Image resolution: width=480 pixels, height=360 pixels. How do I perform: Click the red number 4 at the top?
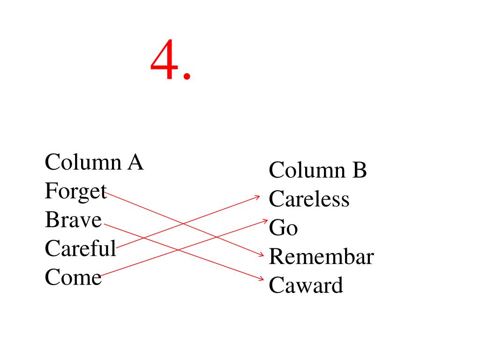[x=166, y=61]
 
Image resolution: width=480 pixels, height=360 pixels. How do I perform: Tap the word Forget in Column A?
[x=75, y=191]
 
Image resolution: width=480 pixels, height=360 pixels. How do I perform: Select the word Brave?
[x=73, y=220]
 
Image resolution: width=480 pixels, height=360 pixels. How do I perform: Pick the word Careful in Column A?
[x=80, y=248]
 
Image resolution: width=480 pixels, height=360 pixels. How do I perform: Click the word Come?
[x=73, y=277]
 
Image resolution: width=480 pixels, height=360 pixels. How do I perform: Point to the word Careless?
[x=309, y=199]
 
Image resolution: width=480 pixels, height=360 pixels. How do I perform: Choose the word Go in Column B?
[x=283, y=228]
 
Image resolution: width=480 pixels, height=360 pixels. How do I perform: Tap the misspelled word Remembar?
[x=321, y=257]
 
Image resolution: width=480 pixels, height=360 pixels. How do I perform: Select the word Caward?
[x=306, y=285]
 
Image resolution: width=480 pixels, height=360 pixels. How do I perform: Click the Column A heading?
[x=94, y=163]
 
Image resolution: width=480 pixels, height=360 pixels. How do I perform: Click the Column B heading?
[x=317, y=170]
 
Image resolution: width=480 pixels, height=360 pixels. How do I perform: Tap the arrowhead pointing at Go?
[x=265, y=220]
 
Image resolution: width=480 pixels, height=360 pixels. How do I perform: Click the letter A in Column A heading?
[x=134, y=163]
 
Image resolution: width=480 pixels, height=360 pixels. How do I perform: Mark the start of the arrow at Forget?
[x=107, y=191]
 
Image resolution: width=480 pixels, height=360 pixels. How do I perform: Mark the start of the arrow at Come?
[x=101, y=275]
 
